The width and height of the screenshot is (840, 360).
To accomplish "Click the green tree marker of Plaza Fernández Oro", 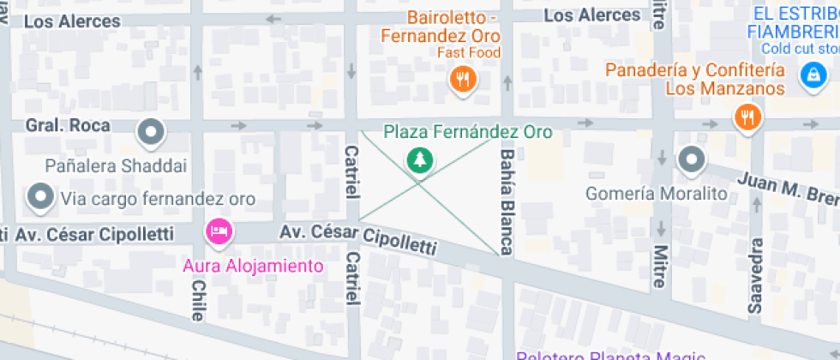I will tap(419, 159).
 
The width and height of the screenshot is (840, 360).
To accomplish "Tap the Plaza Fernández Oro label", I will tap(467, 132).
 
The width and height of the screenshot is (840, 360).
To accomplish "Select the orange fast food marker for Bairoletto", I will tap(463, 80).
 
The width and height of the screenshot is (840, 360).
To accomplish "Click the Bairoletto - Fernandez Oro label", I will tap(441, 27).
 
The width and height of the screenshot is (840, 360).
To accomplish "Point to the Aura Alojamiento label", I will tap(254, 266).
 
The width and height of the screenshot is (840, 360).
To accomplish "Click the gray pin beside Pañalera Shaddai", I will tap(152, 132).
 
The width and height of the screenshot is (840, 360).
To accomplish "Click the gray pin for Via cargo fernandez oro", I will tap(40, 197).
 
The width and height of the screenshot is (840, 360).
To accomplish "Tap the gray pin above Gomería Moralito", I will tap(690, 159).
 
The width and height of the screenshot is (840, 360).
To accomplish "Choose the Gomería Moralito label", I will tap(656, 194).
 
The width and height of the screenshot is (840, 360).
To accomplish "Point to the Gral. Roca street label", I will tap(68, 126).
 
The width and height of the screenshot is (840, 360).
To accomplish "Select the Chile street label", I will tap(198, 300).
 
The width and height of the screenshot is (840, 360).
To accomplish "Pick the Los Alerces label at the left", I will tap(72, 21).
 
